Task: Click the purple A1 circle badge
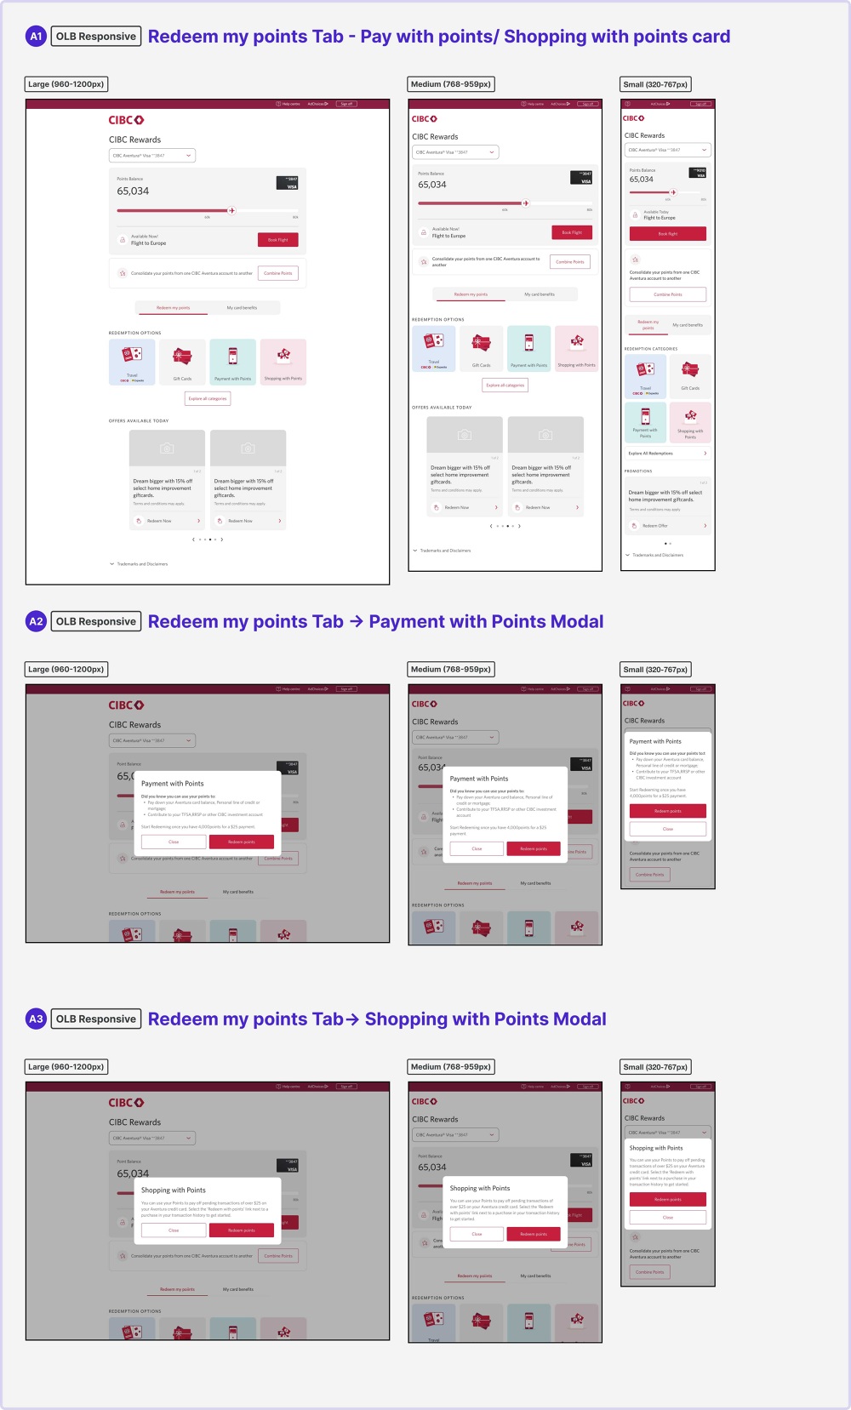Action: click(x=36, y=37)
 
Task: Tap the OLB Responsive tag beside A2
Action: click(x=96, y=621)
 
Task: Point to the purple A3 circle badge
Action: click(x=36, y=1019)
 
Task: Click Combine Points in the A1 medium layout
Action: click(x=570, y=262)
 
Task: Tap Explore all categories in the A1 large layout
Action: click(x=208, y=398)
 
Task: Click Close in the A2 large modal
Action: click(x=174, y=842)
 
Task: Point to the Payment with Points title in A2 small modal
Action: click(x=655, y=741)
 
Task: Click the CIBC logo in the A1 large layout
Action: click(x=126, y=120)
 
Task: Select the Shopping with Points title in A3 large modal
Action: click(x=174, y=1190)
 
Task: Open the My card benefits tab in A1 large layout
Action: click(x=242, y=308)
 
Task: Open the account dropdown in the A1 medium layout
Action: click(x=455, y=152)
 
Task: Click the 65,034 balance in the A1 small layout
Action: click(x=642, y=180)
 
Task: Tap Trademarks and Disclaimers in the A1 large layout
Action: click(x=141, y=564)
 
